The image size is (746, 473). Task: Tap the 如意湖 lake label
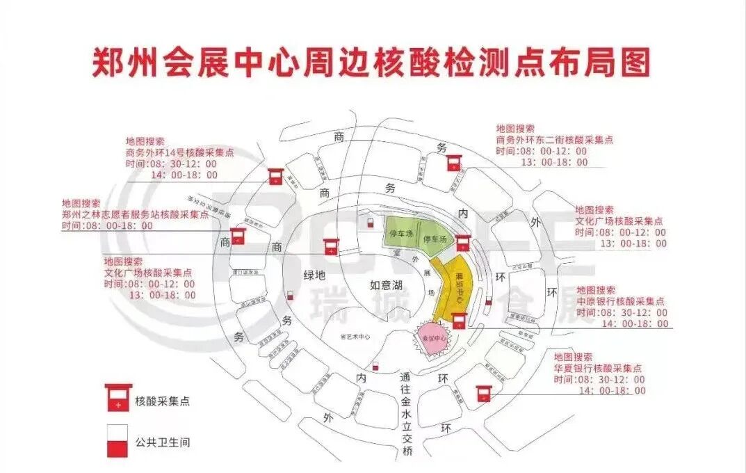click(x=386, y=284)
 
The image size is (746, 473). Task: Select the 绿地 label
click(x=314, y=275)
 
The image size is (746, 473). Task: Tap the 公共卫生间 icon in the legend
click(x=118, y=441)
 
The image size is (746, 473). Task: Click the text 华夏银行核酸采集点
click(x=598, y=369)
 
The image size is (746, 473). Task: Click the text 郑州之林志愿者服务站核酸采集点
click(x=135, y=215)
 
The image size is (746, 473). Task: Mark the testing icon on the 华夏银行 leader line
click(x=483, y=393)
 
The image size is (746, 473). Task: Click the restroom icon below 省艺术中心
click(x=376, y=366)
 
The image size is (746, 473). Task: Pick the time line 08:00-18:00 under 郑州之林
click(x=107, y=226)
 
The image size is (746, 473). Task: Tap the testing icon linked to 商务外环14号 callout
click(x=275, y=175)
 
